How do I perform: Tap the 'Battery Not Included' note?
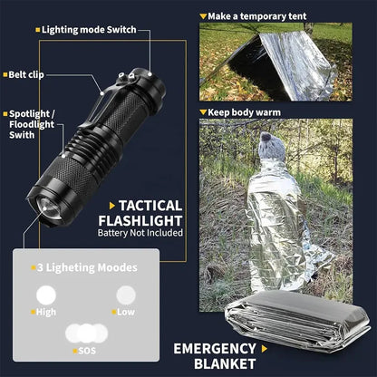(140, 233)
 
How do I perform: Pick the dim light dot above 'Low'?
(125, 295)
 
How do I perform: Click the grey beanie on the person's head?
(269, 145)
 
